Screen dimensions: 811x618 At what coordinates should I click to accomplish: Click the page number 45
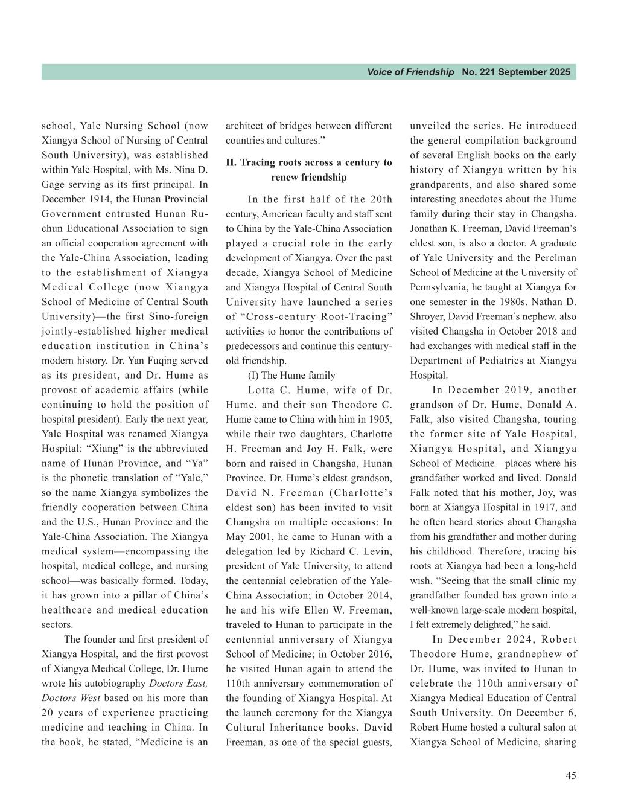point(570,776)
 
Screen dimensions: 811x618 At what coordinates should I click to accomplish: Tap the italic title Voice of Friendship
point(410,72)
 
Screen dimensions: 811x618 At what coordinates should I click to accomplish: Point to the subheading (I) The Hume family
point(291,375)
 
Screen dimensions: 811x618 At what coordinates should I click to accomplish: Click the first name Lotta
point(262,390)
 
